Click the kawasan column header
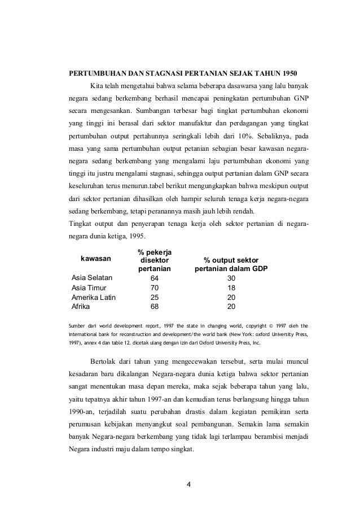pyautogui.click(x=95, y=259)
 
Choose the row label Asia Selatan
pyautogui.click(x=92, y=278)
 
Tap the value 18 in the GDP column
pyautogui.click(x=231, y=288)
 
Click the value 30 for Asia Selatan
pyautogui.click(x=231, y=278)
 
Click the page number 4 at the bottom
pyautogui.click(x=189, y=484)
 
